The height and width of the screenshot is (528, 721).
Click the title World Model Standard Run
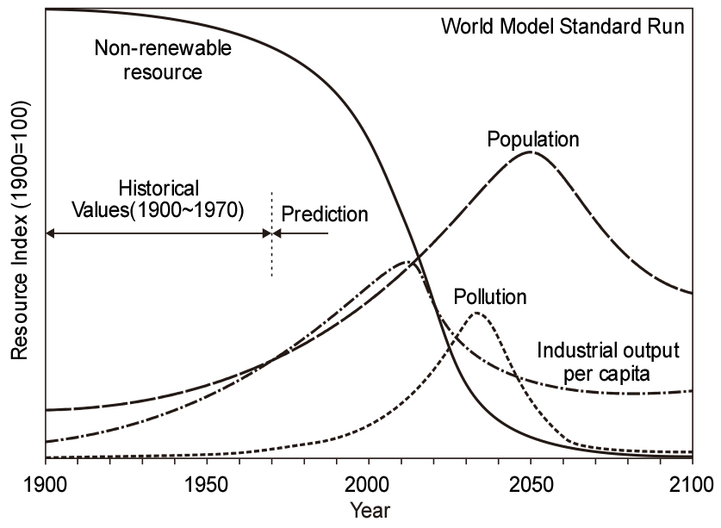[563, 25]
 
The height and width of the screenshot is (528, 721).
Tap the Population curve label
[532, 138]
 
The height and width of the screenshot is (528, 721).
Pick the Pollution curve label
[489, 297]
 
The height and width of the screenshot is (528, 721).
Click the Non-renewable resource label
[162, 59]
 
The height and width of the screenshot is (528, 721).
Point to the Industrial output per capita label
[608, 363]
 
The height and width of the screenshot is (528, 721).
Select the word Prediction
[325, 214]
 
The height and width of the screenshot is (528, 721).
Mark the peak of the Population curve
[531, 152]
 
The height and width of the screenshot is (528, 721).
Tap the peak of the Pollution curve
[476, 314]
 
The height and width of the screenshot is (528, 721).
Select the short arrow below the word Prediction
[301, 233]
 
